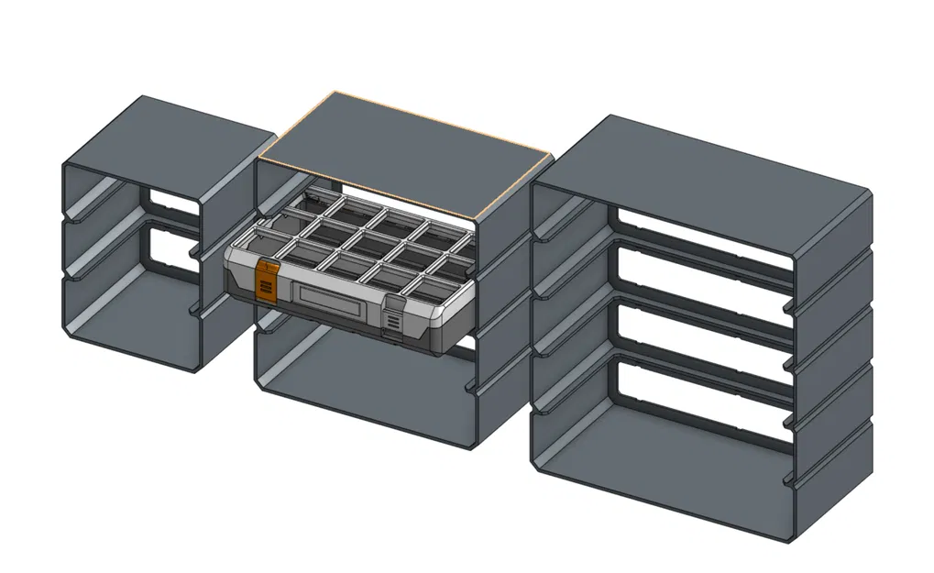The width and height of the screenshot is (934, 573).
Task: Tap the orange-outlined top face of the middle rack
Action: [403, 152]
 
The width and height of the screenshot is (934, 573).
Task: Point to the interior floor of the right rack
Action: [660, 468]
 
